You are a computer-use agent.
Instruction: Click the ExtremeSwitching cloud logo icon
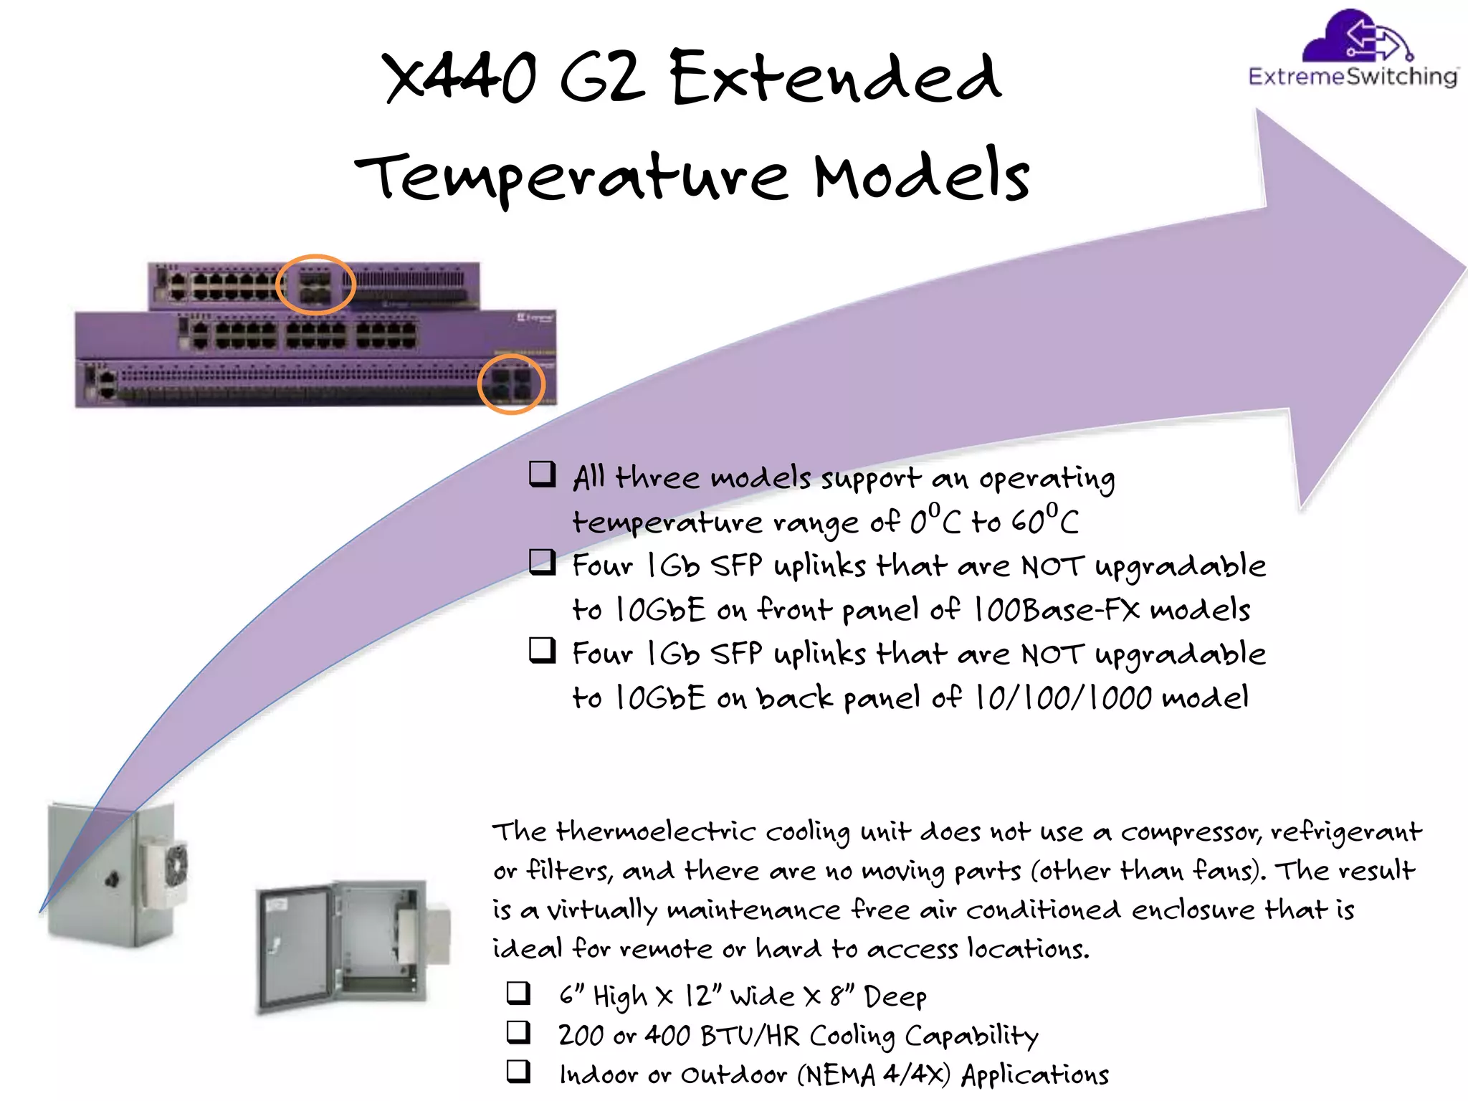coord(1354,36)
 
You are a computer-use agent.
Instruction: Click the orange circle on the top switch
coord(315,285)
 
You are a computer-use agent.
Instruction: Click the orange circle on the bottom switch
coord(511,384)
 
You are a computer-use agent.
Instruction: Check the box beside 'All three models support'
coord(542,475)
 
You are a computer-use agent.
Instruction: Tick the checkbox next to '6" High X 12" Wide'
coord(518,993)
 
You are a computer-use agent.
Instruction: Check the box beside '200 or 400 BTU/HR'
coord(518,1032)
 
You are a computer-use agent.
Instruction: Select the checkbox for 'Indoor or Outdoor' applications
coord(518,1071)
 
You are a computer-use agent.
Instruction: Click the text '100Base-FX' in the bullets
coord(1057,610)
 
